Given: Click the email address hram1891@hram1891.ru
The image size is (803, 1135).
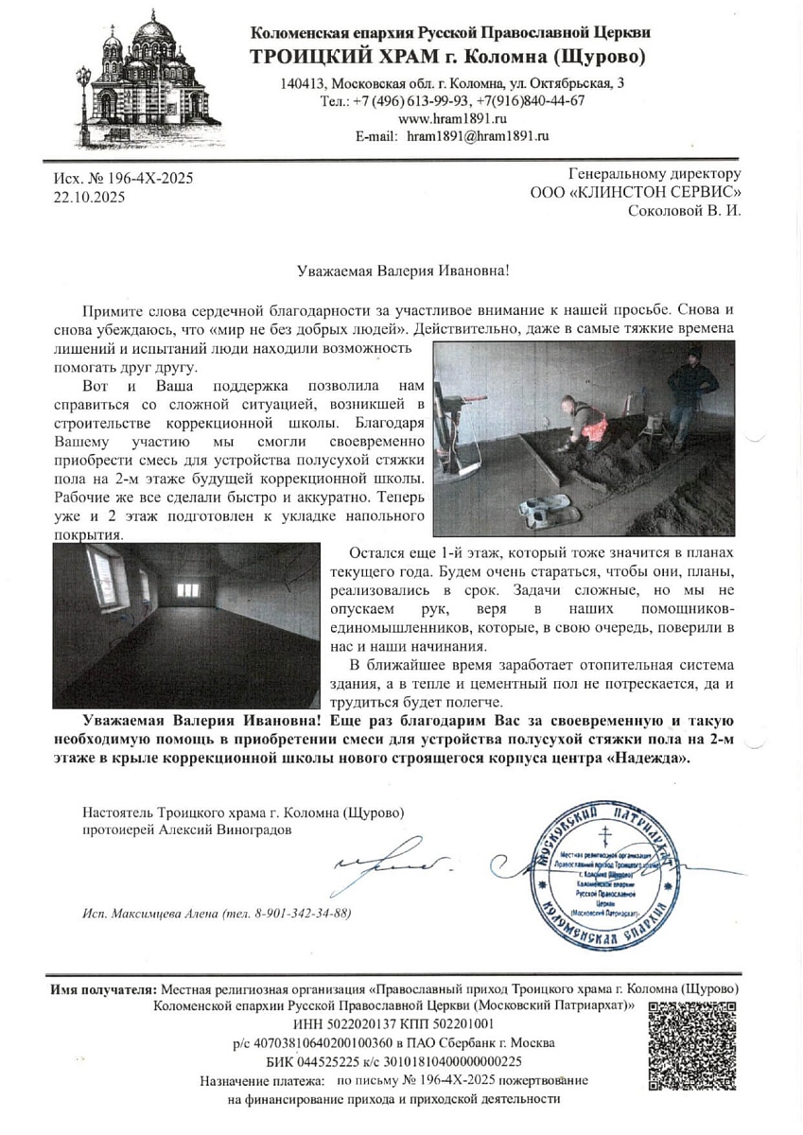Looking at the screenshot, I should [478, 136].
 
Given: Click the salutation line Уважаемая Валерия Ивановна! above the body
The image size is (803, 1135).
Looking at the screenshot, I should [401, 271].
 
